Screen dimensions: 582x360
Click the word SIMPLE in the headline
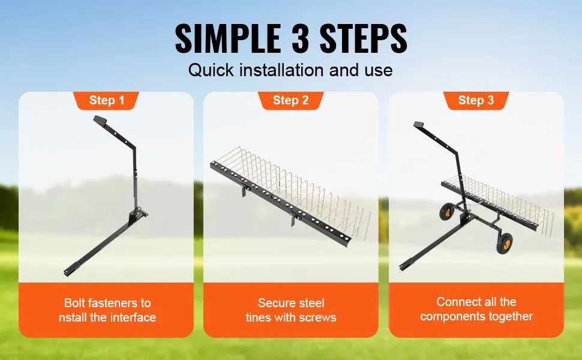pos(227,38)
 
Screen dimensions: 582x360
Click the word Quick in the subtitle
pos(211,70)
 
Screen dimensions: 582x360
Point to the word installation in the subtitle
pos(281,70)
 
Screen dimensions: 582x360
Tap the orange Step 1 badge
pos(107,100)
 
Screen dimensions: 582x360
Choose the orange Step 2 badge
pos(290,100)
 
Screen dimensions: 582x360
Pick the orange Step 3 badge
pos(476,100)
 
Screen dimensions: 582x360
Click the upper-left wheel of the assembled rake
pos(446,212)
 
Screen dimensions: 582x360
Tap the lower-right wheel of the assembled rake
pos(504,244)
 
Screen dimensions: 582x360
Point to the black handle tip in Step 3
pos(419,125)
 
